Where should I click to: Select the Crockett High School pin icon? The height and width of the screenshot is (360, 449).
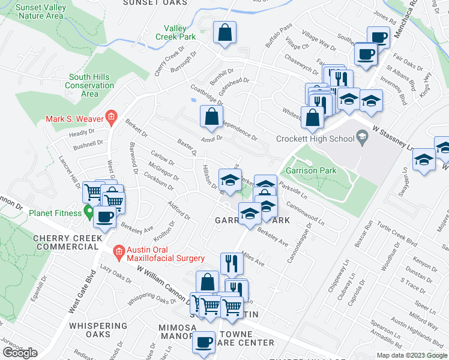pyautogui.click(x=361, y=139)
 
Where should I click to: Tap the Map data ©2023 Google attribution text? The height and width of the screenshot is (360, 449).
pyautogui.click(x=412, y=355)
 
